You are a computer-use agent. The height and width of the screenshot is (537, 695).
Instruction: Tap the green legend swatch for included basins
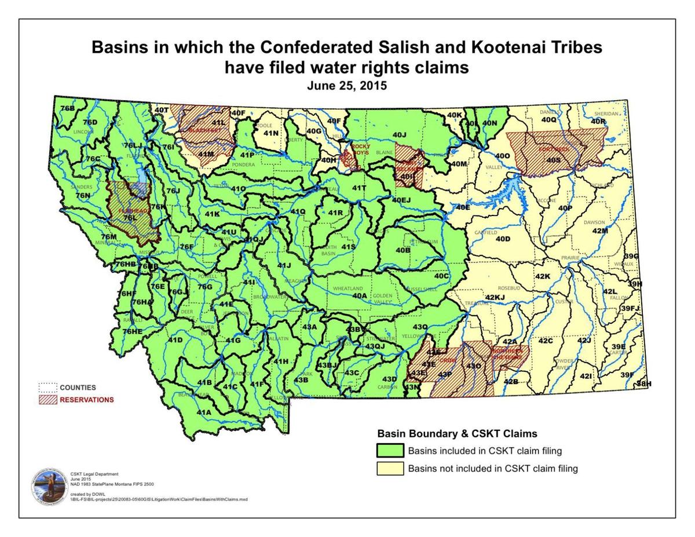(x=390, y=451)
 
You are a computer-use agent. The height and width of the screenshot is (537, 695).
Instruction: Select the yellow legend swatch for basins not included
(x=390, y=469)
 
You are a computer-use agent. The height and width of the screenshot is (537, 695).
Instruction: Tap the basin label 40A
(x=360, y=295)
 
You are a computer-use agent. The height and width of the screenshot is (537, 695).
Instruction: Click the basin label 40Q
(x=548, y=119)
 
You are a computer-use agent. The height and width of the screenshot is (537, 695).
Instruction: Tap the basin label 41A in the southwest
(x=204, y=412)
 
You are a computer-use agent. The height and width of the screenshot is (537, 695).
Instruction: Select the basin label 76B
(x=67, y=108)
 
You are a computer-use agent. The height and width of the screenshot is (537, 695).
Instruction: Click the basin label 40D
(x=502, y=239)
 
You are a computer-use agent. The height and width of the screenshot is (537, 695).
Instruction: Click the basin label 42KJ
(x=495, y=298)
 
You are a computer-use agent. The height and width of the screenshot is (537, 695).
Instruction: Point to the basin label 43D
(x=390, y=379)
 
